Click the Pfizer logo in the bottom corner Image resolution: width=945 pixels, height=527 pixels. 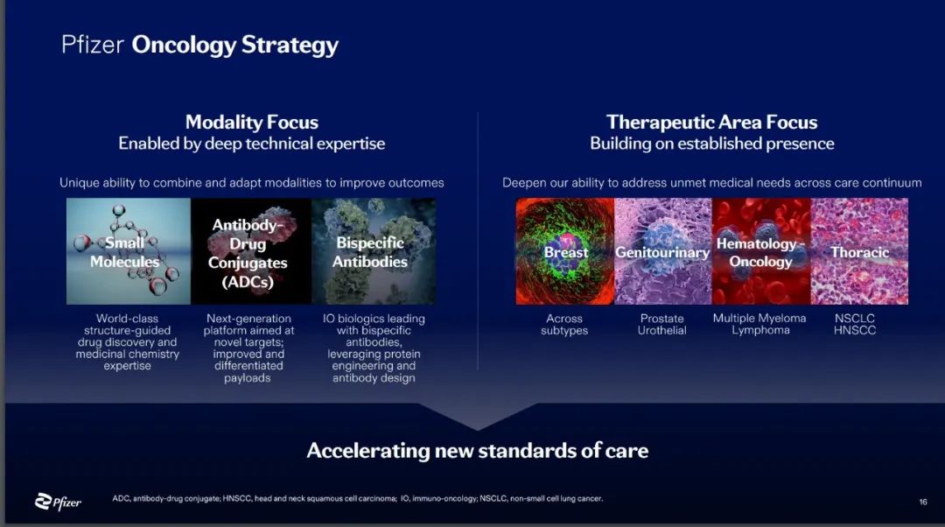[x=58, y=501]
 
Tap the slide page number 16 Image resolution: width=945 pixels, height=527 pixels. [x=923, y=502]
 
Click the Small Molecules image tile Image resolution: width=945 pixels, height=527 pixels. [x=129, y=251]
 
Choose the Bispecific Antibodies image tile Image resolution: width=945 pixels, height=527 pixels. [x=374, y=251]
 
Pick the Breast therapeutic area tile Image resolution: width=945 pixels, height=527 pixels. [x=564, y=251]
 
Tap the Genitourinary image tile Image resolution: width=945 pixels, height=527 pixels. [x=663, y=251]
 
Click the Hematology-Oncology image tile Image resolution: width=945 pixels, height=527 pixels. [x=761, y=251]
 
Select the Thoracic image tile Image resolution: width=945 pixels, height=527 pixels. [x=859, y=251]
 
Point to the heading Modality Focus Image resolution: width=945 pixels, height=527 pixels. [x=252, y=123]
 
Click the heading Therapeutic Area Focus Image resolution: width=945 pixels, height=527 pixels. [x=711, y=123]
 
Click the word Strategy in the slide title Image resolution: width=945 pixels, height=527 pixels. [x=290, y=46]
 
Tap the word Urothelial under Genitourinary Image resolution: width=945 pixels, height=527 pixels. [x=661, y=330]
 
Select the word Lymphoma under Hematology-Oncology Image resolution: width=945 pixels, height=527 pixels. [x=760, y=330]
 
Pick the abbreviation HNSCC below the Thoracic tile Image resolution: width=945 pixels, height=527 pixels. [x=855, y=330]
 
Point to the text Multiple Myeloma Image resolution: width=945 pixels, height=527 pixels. [x=759, y=319]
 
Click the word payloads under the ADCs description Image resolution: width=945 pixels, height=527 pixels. [x=247, y=378]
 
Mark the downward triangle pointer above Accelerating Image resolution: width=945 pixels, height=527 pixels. [x=478, y=417]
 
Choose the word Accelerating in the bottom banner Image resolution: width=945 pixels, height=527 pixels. [x=367, y=451]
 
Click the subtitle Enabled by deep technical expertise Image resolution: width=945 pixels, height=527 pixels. [x=252, y=144]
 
